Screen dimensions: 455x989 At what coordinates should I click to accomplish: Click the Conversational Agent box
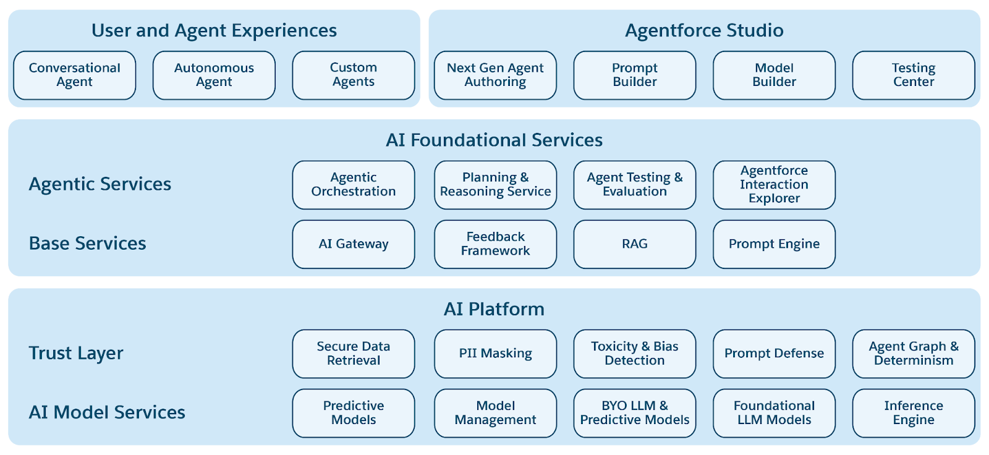point(74,75)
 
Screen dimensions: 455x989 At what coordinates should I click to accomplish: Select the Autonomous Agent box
point(214,75)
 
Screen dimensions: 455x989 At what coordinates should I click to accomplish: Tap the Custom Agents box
point(353,75)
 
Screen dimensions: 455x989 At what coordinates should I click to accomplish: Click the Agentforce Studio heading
point(704,30)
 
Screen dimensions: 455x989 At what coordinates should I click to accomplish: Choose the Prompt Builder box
point(634,75)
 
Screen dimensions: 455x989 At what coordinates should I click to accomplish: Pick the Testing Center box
point(913,75)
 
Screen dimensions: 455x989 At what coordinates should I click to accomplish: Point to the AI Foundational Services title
point(494,140)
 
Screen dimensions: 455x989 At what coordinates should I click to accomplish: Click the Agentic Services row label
point(100,184)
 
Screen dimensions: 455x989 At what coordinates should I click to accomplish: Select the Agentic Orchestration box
point(353,185)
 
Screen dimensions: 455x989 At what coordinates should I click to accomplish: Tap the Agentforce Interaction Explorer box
point(774,185)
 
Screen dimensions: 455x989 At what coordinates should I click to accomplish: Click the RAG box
point(634,244)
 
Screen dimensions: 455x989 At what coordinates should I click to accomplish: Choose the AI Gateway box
point(353,244)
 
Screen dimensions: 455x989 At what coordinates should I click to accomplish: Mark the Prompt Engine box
point(774,244)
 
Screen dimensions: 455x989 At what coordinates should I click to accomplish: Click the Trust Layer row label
point(76,353)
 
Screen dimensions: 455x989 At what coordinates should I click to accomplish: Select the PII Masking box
point(495,354)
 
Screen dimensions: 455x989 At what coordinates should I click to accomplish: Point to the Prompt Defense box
point(774,354)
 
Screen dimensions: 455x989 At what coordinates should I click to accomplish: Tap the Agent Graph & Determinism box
point(913,354)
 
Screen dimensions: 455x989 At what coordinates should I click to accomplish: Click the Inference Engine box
point(913,413)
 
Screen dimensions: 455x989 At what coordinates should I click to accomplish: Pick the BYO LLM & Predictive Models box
point(634,413)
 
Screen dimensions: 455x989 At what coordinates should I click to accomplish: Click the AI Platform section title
point(494,309)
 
